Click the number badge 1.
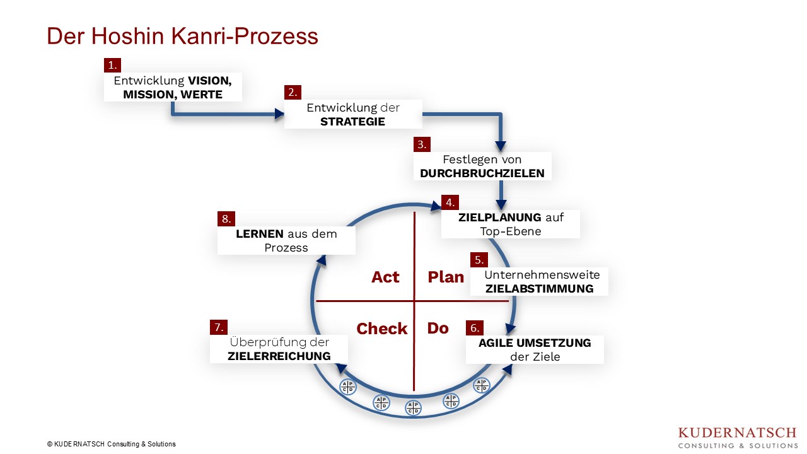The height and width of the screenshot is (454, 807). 112,65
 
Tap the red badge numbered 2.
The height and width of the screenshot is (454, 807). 293,92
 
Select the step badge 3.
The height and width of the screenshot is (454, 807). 422,144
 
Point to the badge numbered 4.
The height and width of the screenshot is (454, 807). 450,202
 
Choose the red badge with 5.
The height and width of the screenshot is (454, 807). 479,260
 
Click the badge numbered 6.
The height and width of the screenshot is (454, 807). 474,328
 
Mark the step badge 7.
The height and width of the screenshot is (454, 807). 218,327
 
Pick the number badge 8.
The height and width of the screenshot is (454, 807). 226,219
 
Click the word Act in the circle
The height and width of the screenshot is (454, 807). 385,277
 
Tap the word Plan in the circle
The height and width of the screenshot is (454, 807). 446,277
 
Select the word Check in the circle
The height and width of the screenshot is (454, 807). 382,329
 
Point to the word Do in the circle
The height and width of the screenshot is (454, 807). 438,328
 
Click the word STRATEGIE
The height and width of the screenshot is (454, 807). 352,121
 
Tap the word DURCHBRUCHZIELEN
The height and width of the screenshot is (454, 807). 482,173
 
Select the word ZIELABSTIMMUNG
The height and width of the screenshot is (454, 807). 539,288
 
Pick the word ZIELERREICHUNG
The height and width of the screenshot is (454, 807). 279,356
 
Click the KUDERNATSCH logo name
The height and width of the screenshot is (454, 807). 737,433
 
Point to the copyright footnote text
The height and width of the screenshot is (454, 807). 111,444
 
